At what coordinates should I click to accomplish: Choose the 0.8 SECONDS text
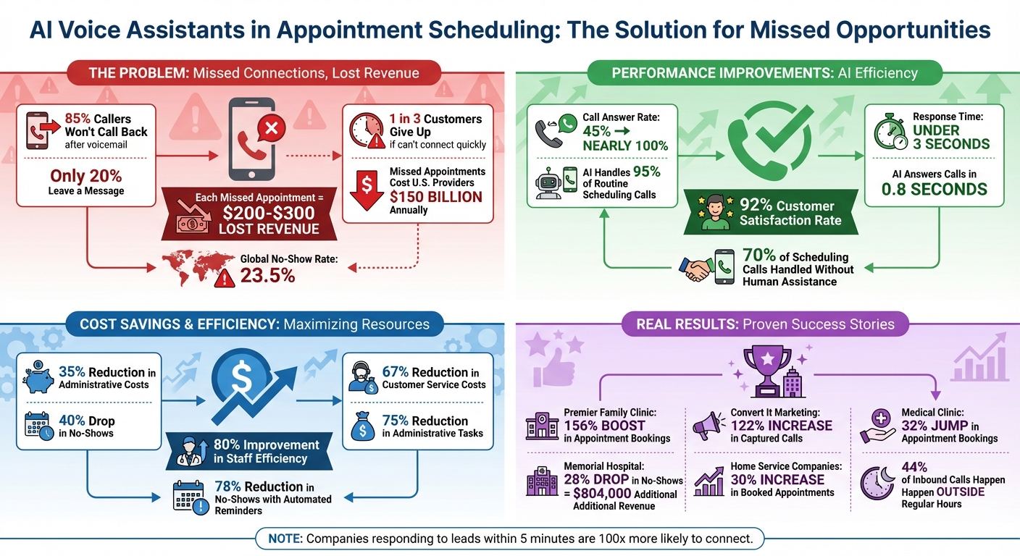pos(934,190)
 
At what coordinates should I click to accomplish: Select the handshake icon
pos(695,267)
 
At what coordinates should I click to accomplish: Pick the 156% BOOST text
pos(603,426)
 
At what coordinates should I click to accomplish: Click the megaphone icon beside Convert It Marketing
pos(708,426)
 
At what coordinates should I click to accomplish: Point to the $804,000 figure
pos(613,494)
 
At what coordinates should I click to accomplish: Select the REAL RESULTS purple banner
pos(765,324)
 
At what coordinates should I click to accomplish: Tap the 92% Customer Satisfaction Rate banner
pos(772,213)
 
